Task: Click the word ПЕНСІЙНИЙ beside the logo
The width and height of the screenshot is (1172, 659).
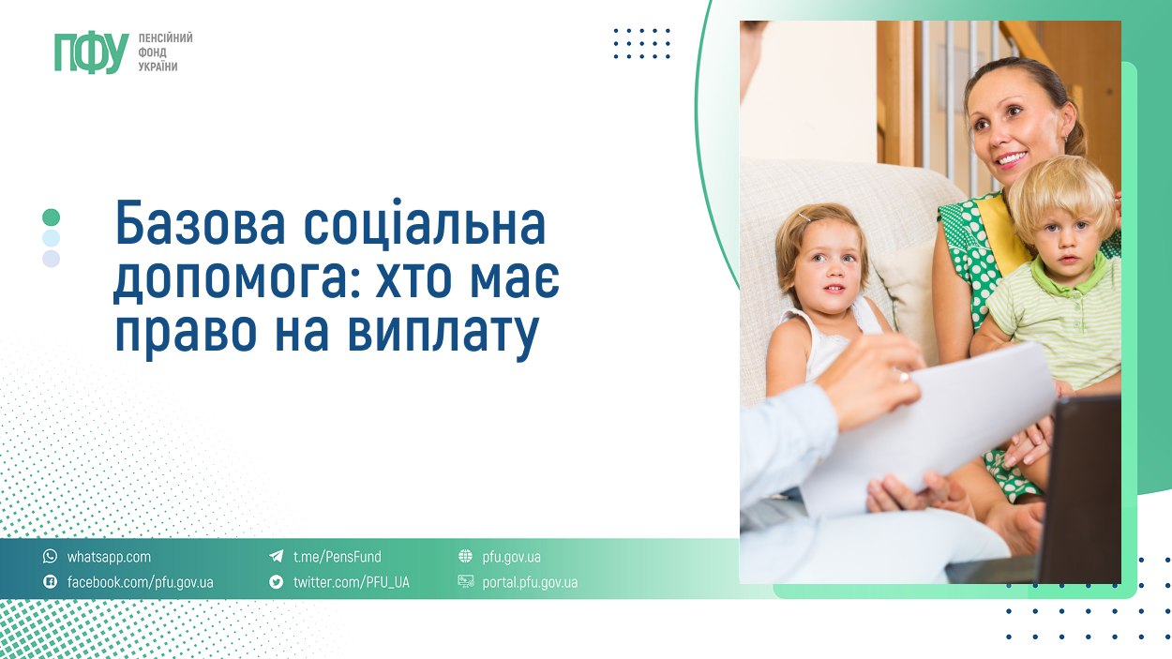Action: (x=166, y=37)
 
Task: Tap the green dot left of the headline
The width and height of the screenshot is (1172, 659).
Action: (x=52, y=217)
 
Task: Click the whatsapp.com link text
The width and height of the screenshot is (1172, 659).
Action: (x=109, y=557)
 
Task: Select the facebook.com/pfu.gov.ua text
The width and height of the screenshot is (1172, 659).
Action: (x=140, y=582)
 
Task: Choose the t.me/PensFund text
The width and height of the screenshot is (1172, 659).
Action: (x=337, y=557)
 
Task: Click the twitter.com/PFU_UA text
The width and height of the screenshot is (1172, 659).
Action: (x=351, y=582)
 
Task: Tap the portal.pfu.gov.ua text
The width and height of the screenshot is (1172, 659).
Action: (x=530, y=582)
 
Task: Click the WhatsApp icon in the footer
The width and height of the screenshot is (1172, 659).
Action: (x=51, y=557)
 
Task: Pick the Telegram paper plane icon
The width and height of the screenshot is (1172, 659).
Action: (x=277, y=557)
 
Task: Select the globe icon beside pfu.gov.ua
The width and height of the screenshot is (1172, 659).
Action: (x=465, y=557)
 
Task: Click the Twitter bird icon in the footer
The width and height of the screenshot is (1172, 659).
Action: (x=277, y=582)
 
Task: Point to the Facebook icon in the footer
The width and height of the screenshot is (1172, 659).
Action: (x=51, y=582)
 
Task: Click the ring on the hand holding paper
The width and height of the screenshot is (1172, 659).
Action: (x=904, y=376)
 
